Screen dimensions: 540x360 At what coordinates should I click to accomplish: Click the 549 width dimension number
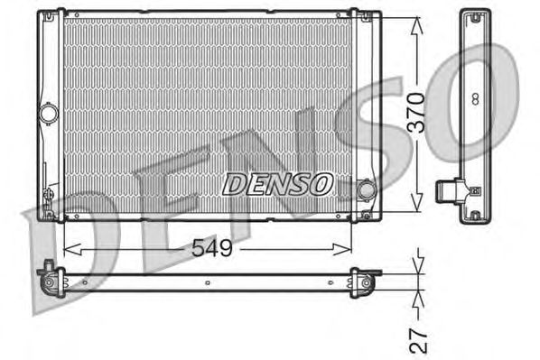point(212,248)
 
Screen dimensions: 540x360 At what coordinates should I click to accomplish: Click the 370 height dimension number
point(415,113)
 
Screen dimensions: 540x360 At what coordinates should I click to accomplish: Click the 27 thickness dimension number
point(418,341)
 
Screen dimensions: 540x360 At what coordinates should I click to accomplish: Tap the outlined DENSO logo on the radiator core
point(277,184)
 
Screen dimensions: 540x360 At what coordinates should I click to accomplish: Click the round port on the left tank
point(48,114)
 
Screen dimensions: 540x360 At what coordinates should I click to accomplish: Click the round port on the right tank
point(366,190)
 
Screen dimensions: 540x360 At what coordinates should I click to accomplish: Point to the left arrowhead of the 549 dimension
point(72,250)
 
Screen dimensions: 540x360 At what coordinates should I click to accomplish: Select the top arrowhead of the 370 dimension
point(416,25)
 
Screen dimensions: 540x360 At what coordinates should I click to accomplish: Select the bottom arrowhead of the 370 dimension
point(416,202)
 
